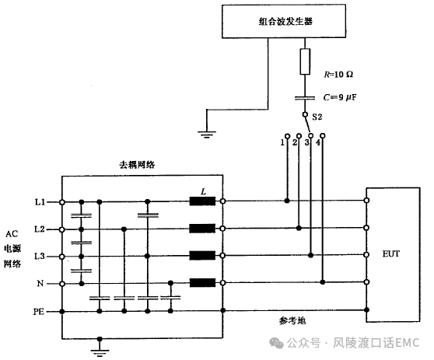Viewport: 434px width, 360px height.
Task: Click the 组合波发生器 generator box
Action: click(284, 21)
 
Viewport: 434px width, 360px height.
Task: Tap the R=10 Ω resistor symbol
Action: click(305, 61)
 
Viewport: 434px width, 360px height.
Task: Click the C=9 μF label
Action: click(340, 97)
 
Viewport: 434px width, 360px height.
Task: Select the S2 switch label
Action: click(317, 117)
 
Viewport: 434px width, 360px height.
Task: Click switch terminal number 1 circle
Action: click(287, 136)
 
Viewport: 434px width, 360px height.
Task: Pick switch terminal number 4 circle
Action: click(323, 136)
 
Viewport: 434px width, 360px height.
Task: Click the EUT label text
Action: click(390, 253)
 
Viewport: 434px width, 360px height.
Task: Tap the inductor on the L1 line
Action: click(202, 201)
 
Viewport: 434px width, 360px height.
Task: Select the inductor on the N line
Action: click(202, 283)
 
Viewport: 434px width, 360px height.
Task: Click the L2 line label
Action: click(40, 229)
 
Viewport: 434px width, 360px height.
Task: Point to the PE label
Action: click(39, 312)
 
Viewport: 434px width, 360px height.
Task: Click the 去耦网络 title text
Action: click(137, 165)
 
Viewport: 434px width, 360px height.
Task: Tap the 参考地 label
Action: click(292, 321)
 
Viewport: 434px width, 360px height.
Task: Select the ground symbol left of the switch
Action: click(207, 135)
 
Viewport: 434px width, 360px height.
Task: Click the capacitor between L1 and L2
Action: click(82, 215)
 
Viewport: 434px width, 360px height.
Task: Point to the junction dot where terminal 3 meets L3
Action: click(311, 255)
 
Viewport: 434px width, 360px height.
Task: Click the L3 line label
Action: click(40, 257)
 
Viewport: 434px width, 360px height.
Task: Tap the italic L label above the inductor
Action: click(204, 191)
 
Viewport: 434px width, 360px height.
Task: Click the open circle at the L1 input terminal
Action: click(62, 202)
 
